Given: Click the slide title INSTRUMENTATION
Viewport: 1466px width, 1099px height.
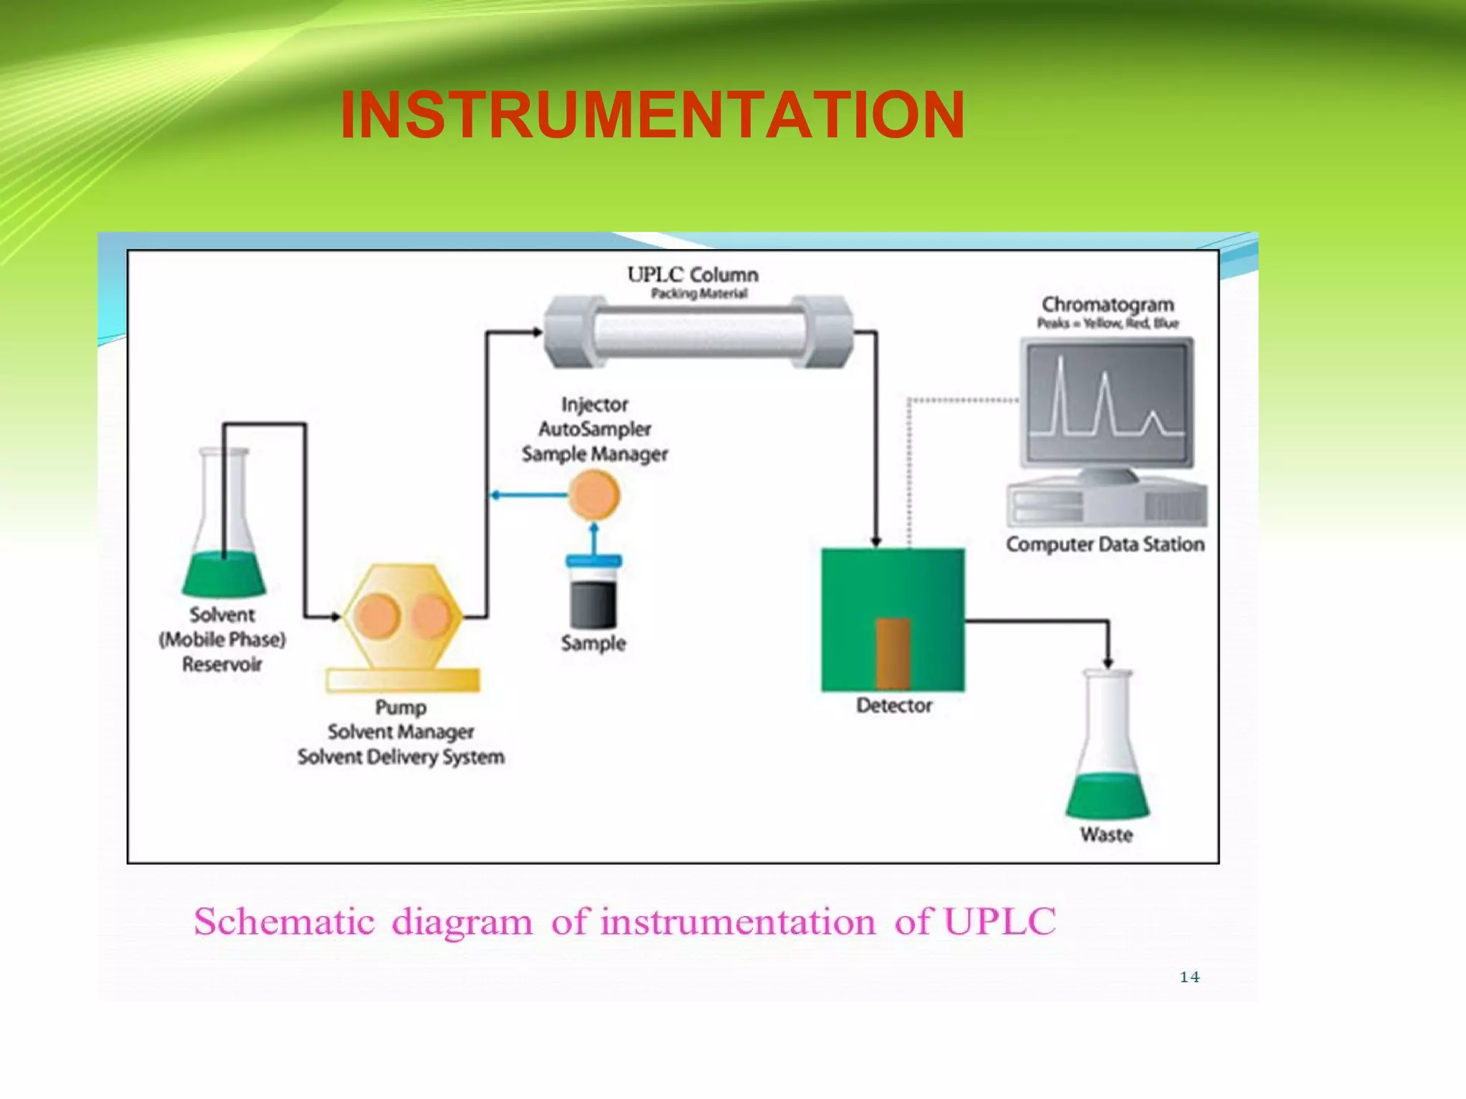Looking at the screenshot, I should [x=652, y=115].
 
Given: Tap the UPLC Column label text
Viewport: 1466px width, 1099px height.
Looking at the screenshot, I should [x=692, y=275].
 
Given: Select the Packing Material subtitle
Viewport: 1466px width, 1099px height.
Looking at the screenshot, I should [x=699, y=294].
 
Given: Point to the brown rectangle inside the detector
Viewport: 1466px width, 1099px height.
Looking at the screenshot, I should [x=893, y=653].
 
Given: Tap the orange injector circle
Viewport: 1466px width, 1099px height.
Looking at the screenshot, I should [x=593, y=495].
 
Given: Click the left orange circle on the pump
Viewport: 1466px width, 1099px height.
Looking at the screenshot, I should [x=377, y=616].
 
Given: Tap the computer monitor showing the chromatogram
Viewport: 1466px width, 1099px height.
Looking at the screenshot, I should [x=1107, y=404].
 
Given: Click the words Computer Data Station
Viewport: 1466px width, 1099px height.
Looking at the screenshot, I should [x=1105, y=544].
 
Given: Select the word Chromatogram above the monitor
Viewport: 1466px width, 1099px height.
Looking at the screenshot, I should [x=1107, y=305].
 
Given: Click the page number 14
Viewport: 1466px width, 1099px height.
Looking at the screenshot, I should [x=1189, y=977].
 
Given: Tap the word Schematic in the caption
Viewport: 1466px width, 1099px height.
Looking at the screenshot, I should [x=284, y=922].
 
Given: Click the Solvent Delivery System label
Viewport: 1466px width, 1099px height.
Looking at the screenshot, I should [x=401, y=757].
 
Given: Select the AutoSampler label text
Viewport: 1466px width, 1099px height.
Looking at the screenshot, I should [x=594, y=429].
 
